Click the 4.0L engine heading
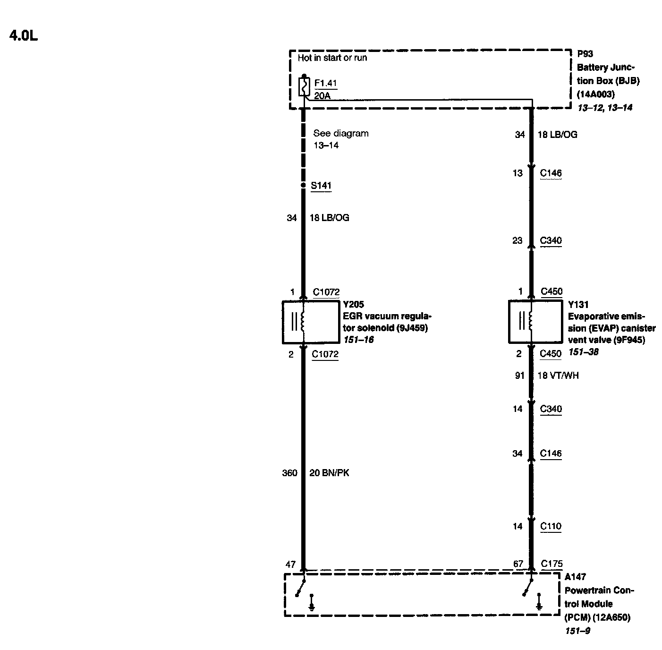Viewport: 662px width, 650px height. tap(23, 36)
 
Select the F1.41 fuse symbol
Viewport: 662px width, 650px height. tap(304, 87)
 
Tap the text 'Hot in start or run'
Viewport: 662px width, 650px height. tap(332, 58)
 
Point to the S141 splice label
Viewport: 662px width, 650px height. tap(321, 186)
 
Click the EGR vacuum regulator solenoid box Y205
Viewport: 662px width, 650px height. tap(311, 322)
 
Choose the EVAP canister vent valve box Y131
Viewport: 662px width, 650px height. tap(535, 321)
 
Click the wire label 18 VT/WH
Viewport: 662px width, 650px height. tap(558, 376)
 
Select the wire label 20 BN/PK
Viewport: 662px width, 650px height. tap(329, 473)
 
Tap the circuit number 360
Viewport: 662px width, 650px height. tap(289, 473)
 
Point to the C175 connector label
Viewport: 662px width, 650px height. tap(551, 564)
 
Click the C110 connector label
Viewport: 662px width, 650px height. tap(551, 526)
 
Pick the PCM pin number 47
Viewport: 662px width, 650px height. tap(290, 564)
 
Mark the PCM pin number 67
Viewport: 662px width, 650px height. tap(518, 564)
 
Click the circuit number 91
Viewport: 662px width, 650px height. tap(519, 376)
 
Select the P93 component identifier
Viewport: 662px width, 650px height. tap(585, 54)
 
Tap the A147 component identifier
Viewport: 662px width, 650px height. tap(575, 577)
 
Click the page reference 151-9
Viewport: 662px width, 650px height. tap(577, 631)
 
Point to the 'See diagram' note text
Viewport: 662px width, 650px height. tap(340, 133)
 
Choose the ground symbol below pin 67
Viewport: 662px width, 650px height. tap(539, 605)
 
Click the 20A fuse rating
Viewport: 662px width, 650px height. tap(322, 96)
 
